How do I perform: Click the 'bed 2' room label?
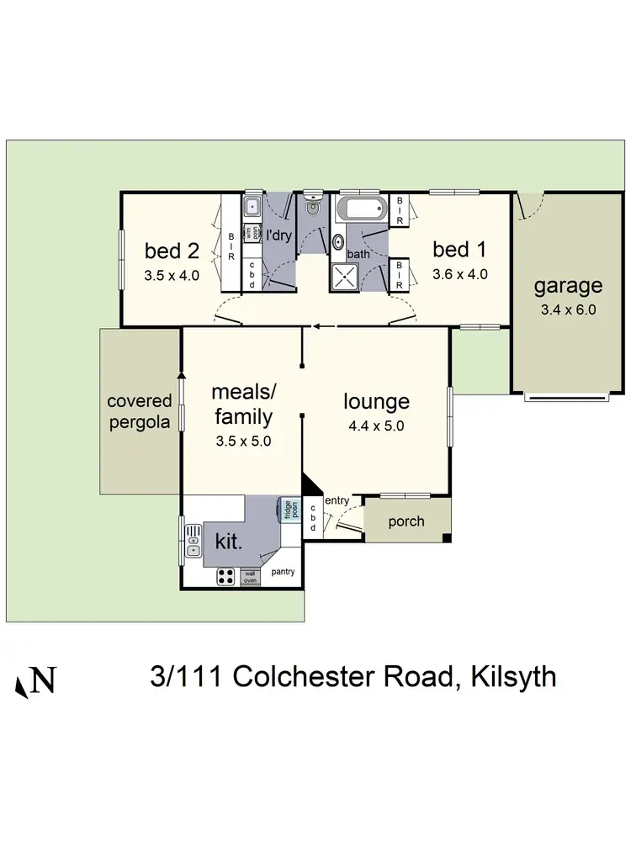(172, 250)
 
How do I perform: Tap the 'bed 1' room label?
(459, 249)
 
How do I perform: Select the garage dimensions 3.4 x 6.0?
(568, 309)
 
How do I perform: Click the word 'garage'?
(568, 286)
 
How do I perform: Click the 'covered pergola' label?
(139, 412)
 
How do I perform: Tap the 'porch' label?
(406, 521)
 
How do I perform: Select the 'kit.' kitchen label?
(229, 541)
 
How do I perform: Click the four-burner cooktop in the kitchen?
(226, 576)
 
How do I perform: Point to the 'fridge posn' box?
(288, 510)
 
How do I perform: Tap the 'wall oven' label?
(251, 577)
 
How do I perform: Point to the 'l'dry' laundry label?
(278, 235)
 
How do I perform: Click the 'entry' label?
(337, 501)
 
